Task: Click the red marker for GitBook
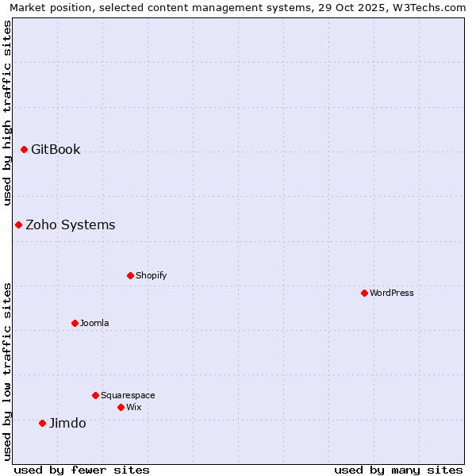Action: click(x=24, y=149)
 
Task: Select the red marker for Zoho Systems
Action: click(x=18, y=225)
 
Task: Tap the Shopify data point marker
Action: click(x=130, y=275)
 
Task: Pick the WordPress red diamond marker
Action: click(x=364, y=293)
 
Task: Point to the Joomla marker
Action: click(x=75, y=323)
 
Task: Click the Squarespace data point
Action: click(x=95, y=395)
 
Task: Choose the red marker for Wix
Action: click(x=121, y=407)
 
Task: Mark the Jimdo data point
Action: click(x=42, y=423)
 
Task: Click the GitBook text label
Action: click(x=56, y=149)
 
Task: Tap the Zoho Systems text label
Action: click(x=71, y=225)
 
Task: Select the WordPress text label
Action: click(x=392, y=293)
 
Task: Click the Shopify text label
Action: click(x=152, y=275)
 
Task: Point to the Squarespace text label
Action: click(x=128, y=395)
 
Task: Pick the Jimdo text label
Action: click(x=67, y=423)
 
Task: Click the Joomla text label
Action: click(x=94, y=323)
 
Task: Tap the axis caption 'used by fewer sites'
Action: click(x=82, y=470)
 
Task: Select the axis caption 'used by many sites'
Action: click(x=398, y=470)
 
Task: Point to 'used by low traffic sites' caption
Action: click(x=7, y=370)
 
